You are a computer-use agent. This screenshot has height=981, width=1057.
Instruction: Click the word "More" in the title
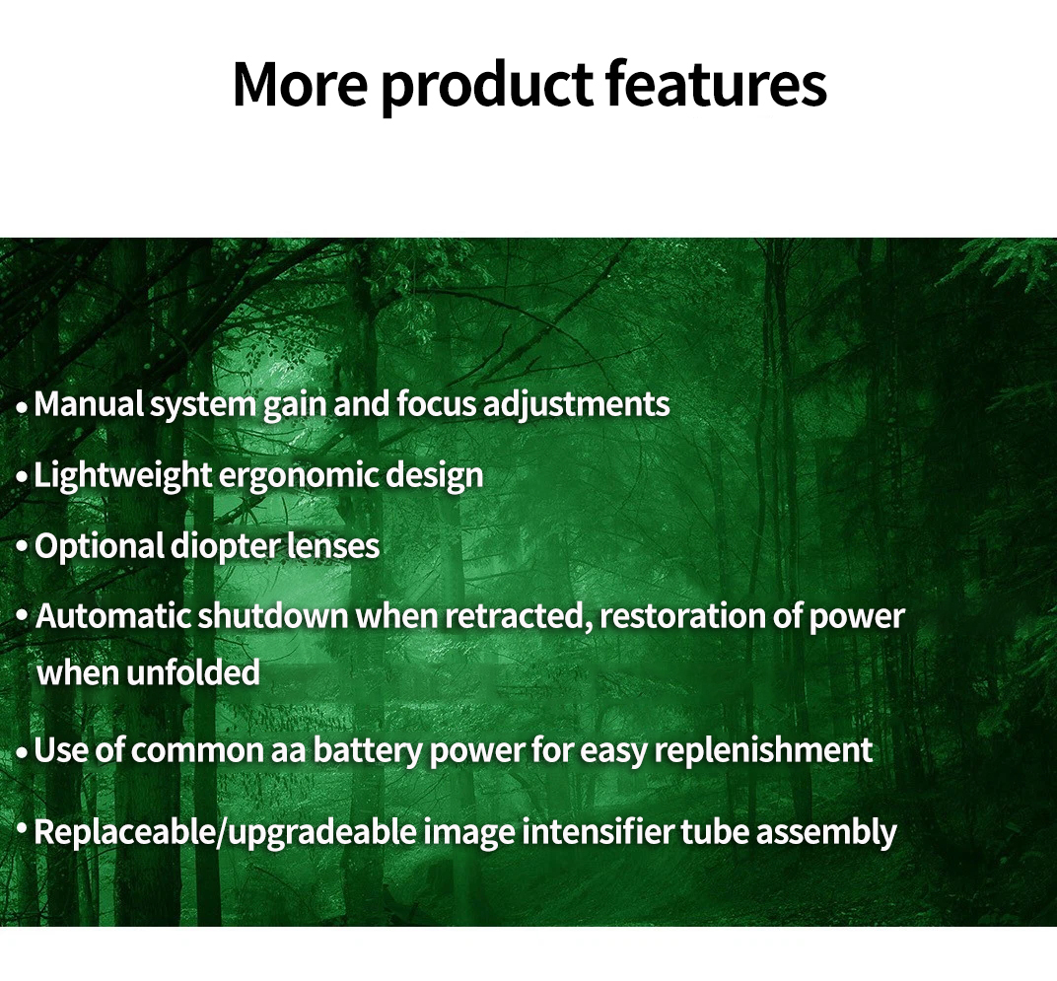click(300, 84)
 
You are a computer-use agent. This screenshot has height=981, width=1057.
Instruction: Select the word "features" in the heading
click(716, 84)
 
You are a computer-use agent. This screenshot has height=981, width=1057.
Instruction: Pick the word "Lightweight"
click(122, 476)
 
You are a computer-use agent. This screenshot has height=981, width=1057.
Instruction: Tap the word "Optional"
click(99, 547)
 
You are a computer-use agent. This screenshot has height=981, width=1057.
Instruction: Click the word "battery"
click(368, 751)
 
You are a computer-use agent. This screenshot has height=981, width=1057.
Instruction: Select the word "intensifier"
click(598, 831)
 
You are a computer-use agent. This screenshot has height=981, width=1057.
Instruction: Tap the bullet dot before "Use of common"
click(23, 752)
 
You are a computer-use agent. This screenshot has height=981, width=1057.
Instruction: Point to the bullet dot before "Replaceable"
click(23, 827)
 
